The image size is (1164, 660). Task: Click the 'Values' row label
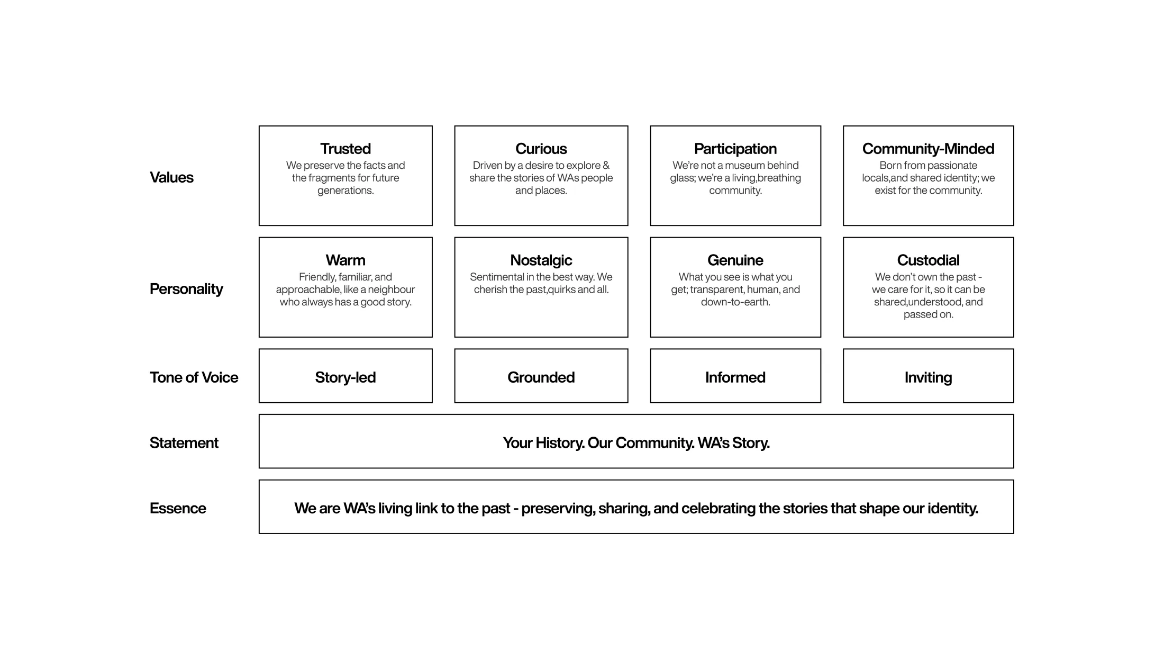tap(171, 177)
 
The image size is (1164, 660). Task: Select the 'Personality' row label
tap(186, 289)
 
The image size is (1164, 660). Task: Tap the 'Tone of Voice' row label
tap(194, 377)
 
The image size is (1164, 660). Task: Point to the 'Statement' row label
tap(184, 442)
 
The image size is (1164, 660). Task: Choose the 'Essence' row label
tap(178, 508)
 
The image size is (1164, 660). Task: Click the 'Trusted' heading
tap(345, 149)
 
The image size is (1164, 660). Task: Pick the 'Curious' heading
tap(541, 149)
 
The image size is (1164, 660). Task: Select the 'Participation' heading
tap(735, 149)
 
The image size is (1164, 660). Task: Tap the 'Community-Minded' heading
tap(929, 149)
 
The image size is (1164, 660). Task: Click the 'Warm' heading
tap(345, 260)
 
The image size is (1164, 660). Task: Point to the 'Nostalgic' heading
tap(541, 260)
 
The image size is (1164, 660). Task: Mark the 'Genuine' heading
tap(735, 260)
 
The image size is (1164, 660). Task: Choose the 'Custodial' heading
tap(929, 260)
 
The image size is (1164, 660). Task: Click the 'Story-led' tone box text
tap(345, 377)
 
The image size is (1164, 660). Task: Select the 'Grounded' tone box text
tap(541, 377)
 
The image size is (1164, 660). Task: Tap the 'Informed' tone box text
tap(735, 377)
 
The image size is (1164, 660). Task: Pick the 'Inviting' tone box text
tap(929, 377)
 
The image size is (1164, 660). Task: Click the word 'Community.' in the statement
tap(655, 443)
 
